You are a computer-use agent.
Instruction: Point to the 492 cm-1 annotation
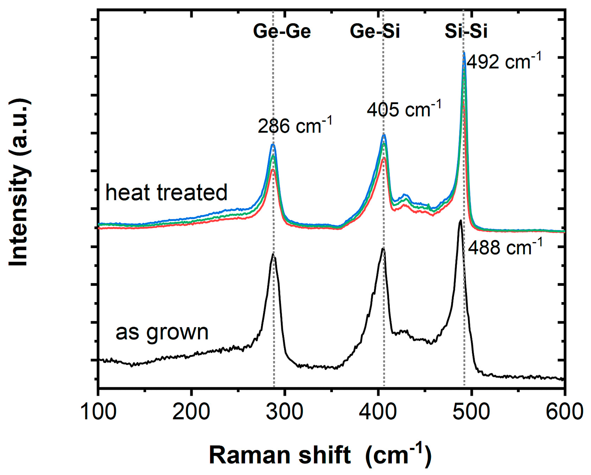point(504,62)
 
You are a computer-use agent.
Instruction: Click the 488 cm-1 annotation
point(505,247)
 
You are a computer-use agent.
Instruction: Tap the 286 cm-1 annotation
point(295,126)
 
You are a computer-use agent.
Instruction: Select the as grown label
point(162,332)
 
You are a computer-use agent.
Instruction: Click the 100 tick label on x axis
point(98,412)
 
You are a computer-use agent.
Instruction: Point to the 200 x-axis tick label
point(191,412)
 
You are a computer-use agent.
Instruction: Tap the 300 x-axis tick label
point(285,412)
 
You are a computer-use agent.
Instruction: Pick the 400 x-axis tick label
point(378,412)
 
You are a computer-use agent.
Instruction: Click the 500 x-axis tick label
point(471,412)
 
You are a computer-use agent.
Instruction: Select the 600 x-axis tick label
point(564,412)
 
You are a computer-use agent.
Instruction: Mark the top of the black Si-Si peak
point(461,220)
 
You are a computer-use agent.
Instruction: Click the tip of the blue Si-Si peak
point(464,53)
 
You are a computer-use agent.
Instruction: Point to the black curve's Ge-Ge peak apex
point(273,254)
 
